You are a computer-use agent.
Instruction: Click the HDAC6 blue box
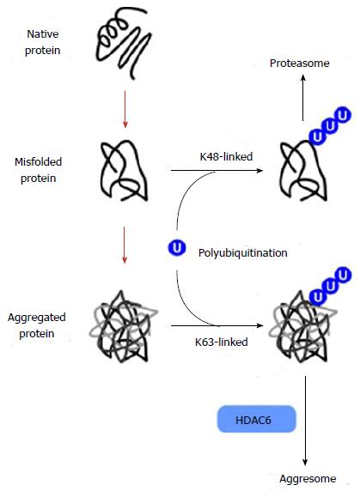256,419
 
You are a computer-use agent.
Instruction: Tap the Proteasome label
300,64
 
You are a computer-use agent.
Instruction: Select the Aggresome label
308,479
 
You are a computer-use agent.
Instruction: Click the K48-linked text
226,156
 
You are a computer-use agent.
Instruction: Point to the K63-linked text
221,342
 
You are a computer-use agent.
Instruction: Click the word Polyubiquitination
243,252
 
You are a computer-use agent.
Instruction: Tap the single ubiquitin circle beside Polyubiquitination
177,248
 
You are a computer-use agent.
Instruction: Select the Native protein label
43,42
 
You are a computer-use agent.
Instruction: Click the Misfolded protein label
38,170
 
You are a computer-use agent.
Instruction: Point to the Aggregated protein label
37,325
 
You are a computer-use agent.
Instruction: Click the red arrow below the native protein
125,110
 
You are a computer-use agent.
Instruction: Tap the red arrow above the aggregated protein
125,245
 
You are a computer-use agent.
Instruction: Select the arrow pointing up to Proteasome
303,97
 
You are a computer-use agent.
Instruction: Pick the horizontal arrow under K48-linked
217,170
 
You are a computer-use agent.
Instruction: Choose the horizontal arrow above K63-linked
217,325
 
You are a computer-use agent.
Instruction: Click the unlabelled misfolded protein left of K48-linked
124,171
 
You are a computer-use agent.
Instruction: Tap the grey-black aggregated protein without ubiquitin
123,326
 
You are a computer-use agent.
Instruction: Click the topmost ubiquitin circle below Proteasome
343,115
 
